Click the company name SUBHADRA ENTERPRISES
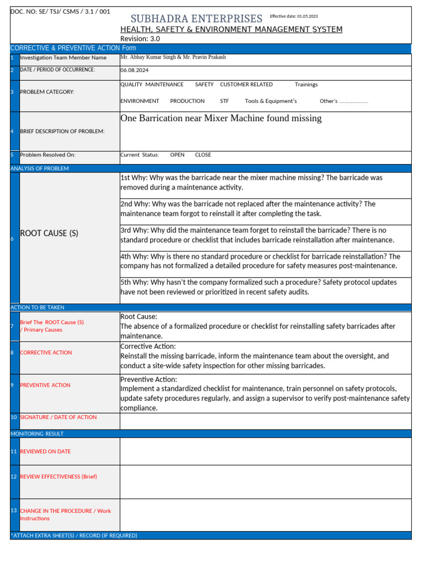[x=196, y=19]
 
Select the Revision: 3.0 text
[x=141, y=39]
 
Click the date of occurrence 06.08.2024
[x=134, y=70]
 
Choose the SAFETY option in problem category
[x=204, y=85]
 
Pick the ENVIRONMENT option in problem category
[x=140, y=101]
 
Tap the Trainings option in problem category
[x=306, y=85]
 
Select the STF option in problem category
[x=224, y=101]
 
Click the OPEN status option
[x=177, y=155]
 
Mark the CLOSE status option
[x=203, y=155]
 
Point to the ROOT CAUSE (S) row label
[x=49, y=233]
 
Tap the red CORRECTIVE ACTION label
[x=46, y=353]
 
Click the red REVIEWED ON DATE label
[x=45, y=452]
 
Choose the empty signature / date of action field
[x=265, y=421]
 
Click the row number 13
[x=13, y=510]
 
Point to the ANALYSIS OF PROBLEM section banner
[x=40, y=169]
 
